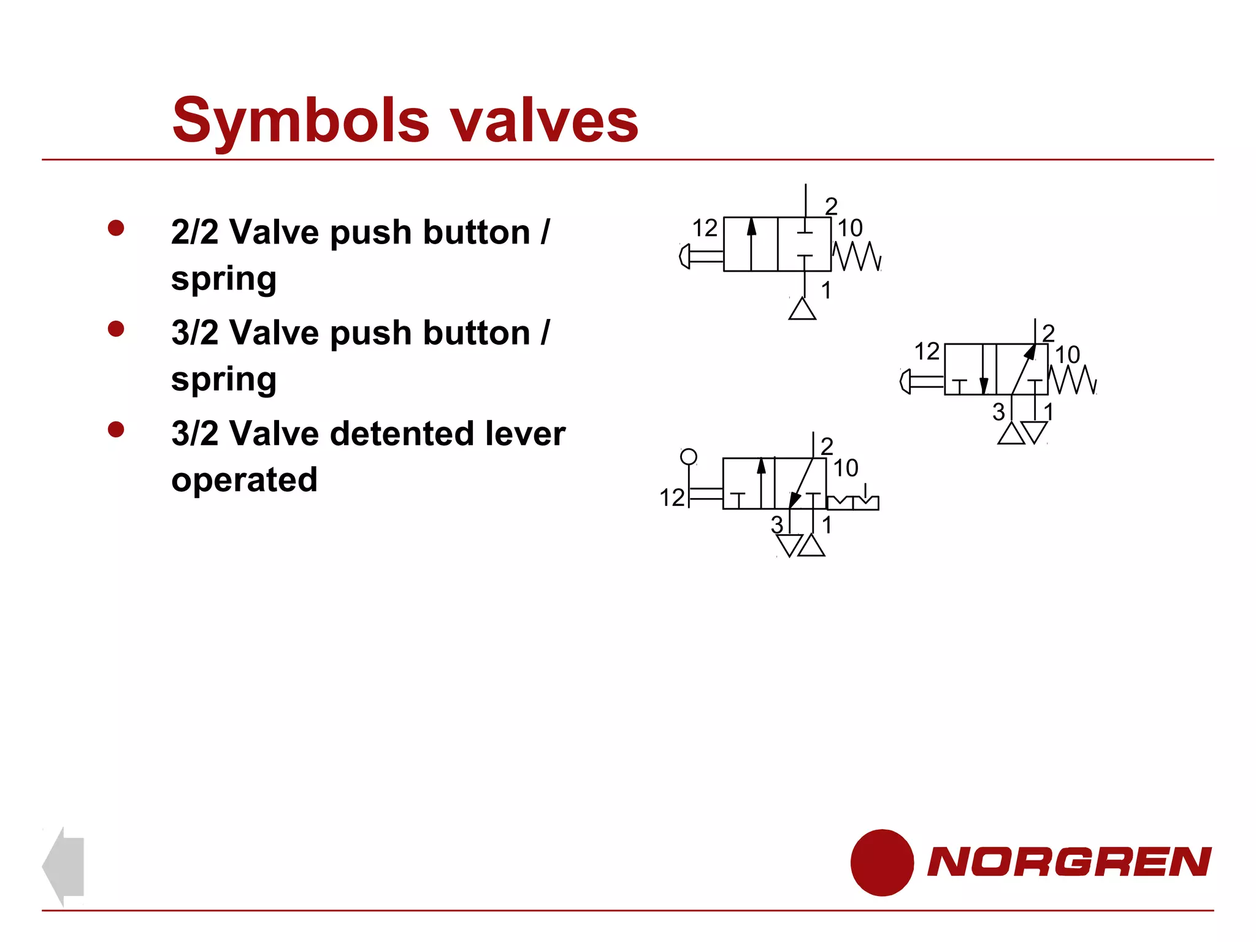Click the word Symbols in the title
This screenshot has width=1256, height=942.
point(301,120)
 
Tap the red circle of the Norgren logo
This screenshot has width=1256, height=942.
point(881,862)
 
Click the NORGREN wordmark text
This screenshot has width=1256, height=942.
point(1068,862)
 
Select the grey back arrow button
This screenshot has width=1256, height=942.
point(64,865)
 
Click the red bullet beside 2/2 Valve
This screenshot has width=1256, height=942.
point(116,228)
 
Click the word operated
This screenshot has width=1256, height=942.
point(244,480)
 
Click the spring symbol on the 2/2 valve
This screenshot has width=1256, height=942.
point(857,256)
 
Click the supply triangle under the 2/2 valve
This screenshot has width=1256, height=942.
point(802,309)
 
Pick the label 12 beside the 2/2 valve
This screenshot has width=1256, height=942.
point(705,228)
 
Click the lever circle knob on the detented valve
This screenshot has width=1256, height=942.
point(689,457)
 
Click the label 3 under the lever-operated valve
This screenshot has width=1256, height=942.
point(777,525)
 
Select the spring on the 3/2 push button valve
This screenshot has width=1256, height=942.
point(1072,380)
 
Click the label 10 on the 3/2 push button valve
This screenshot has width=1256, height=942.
point(1067,354)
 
